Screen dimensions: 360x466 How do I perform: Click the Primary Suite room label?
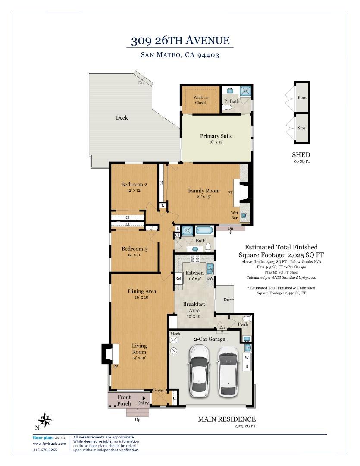216,136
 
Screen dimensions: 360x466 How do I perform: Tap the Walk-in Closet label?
200,100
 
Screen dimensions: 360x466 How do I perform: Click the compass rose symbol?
44,420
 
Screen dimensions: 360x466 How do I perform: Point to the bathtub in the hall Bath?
204,230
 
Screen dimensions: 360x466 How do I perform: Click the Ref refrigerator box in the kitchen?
178,278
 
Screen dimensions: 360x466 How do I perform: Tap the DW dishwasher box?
210,278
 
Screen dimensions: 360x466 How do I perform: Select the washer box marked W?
247,358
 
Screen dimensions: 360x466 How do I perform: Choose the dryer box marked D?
247,367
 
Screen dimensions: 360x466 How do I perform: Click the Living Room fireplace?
110,354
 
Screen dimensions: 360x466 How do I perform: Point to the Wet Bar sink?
244,216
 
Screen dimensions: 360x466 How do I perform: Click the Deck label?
122,118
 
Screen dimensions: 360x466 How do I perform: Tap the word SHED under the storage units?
301,155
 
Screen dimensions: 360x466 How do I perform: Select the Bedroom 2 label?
134,185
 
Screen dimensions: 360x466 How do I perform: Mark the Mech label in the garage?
175,334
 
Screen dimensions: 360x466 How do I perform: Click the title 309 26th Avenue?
180,41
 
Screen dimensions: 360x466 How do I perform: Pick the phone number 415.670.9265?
45,450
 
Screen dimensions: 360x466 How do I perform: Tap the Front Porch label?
124,400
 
